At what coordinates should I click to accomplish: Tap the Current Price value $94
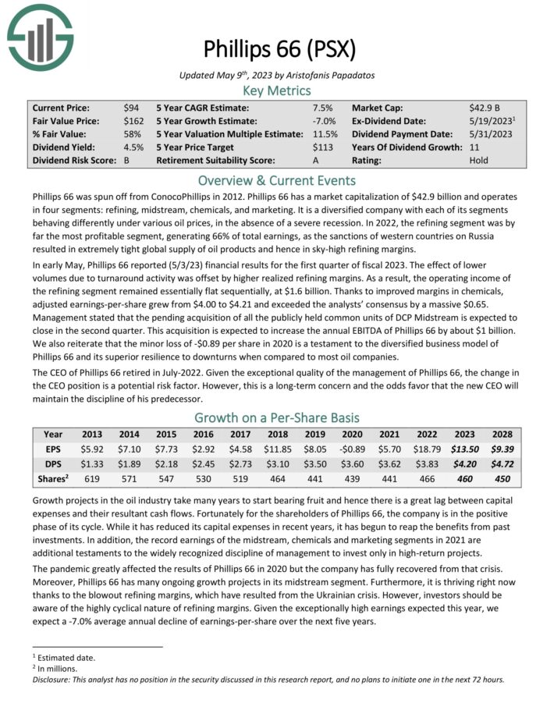point(130,108)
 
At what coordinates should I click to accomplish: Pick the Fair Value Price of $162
point(133,121)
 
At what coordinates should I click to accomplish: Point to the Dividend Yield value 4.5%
point(133,147)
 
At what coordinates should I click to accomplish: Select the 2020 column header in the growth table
point(352,435)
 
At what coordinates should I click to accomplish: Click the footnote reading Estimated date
point(61,658)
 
